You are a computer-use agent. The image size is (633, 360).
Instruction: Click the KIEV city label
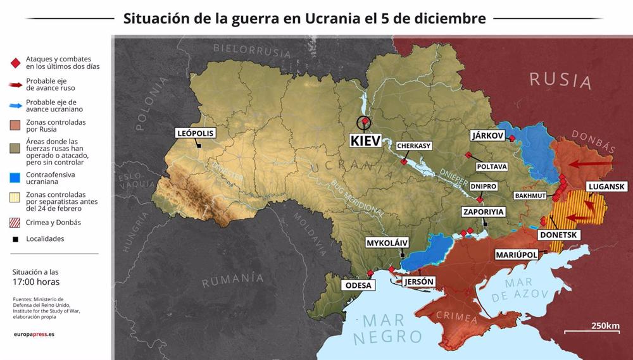pyautogui.click(x=366, y=140)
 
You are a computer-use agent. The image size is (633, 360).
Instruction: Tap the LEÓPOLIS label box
pyautogui.click(x=196, y=133)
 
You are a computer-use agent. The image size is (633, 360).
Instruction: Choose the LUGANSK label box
pyautogui.click(x=606, y=187)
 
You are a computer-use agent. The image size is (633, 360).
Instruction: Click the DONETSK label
pyautogui.click(x=558, y=235)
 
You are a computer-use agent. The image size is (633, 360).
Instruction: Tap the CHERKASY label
pyautogui.click(x=414, y=146)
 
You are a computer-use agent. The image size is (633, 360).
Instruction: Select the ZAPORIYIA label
pyautogui.click(x=483, y=212)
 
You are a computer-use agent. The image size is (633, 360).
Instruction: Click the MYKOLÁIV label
pyautogui.click(x=387, y=243)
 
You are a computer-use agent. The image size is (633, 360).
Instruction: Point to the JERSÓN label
pyautogui.click(x=418, y=282)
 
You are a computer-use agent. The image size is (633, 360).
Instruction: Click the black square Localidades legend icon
pyautogui.click(x=15, y=239)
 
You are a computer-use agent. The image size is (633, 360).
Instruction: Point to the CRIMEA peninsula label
pyautogui.click(x=456, y=317)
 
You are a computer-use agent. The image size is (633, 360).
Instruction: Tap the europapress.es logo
pyautogui.click(x=34, y=334)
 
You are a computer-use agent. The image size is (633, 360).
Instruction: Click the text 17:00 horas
pyautogui.click(x=36, y=282)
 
